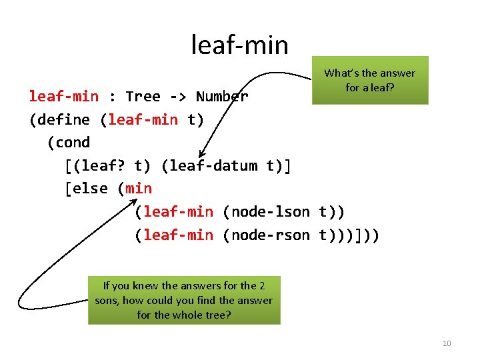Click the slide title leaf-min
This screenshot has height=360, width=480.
coord(239,45)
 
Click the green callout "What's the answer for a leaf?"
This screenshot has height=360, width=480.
coord(369,81)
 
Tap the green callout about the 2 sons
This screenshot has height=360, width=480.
coord(184,300)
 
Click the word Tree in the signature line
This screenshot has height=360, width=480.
coord(143,97)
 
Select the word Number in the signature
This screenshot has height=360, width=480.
coord(222,97)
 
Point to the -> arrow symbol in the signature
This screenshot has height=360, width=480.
coord(178,97)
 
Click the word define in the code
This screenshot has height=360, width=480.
coord(68,120)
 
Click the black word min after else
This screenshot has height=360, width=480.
coord(139,189)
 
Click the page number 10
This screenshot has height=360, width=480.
coord(447,343)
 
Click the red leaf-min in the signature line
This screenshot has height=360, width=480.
coord(63,97)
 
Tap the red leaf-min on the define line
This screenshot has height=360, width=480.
coord(143,120)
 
